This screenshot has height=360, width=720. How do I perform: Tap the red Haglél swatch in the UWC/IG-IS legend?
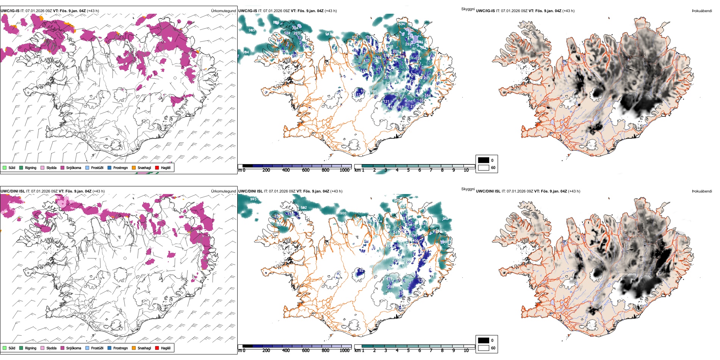click(157, 167)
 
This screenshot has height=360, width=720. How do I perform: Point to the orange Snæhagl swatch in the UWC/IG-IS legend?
click(134, 167)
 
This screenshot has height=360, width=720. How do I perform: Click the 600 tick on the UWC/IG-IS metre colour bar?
click(306, 170)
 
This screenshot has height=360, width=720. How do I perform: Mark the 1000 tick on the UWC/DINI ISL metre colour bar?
click(344, 351)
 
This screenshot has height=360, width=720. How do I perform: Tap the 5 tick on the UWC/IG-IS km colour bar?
click(409, 170)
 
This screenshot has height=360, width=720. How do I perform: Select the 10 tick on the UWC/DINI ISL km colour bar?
click(466, 351)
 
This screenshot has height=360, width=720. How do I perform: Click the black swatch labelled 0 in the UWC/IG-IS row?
click(484, 160)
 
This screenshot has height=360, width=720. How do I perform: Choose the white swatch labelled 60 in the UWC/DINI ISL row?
click(484, 348)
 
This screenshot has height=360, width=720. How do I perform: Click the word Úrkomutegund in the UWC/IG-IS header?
click(223, 11)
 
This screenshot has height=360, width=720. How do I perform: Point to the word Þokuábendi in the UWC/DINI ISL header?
click(702, 191)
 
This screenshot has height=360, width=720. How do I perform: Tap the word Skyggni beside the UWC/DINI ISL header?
click(468, 189)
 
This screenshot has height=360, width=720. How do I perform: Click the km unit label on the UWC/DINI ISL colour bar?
click(357, 351)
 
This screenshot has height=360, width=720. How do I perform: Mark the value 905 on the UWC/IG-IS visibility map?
click(252, 30)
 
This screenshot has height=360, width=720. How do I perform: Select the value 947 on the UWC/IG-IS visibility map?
click(328, 34)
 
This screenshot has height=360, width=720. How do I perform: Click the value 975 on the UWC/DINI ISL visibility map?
click(253, 199)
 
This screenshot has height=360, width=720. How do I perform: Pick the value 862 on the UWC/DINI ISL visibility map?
click(304, 208)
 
